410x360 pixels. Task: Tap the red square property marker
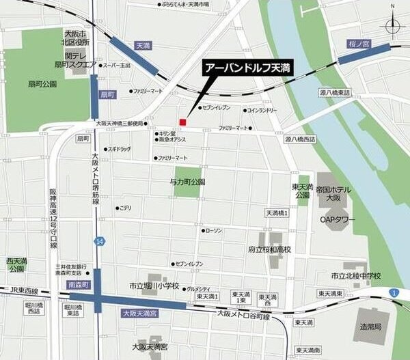tap(182, 122)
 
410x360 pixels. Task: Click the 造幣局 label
tap(372, 327)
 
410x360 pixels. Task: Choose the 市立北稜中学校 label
tap(355, 275)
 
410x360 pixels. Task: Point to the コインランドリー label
tap(262, 109)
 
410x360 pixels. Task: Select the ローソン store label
tap(214, 230)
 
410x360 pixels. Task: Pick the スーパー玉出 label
tap(116, 66)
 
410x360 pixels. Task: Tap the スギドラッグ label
tap(118, 148)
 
